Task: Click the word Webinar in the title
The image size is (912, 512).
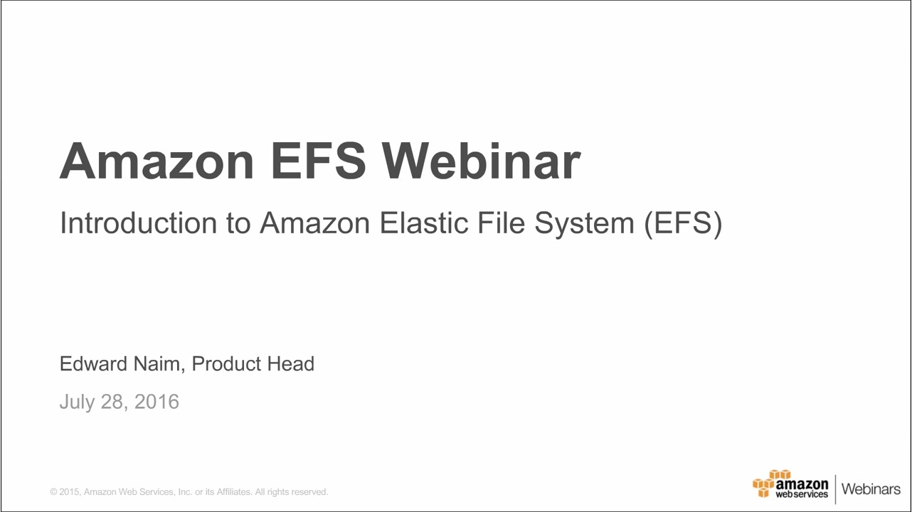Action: [x=482, y=161]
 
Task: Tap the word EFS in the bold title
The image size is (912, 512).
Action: [x=318, y=161]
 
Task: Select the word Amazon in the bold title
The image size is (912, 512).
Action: [x=157, y=161]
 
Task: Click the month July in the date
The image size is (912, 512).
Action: [x=76, y=402]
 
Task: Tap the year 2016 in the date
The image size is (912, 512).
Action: [x=157, y=402]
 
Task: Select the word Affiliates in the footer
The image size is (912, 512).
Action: [x=232, y=492]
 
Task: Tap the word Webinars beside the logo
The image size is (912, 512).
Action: [x=871, y=489]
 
